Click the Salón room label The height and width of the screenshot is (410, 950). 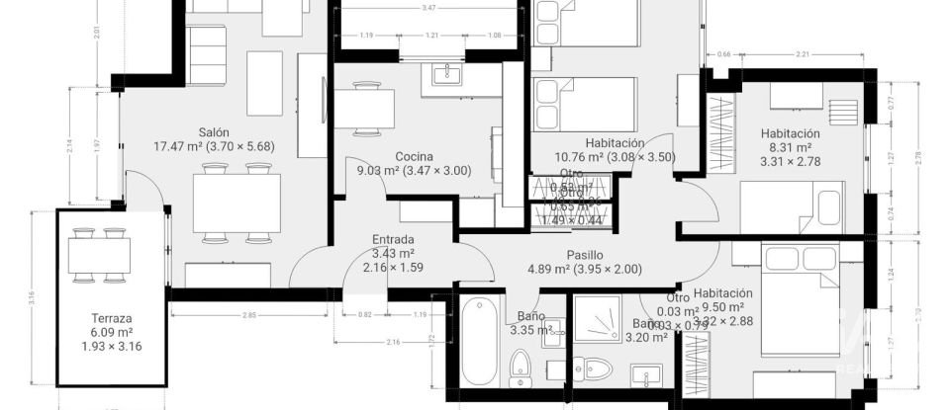pos(214,132)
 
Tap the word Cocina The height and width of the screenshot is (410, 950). pos(413,157)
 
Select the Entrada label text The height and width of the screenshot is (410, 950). pos(393,239)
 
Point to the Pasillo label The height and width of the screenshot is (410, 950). pos(584,255)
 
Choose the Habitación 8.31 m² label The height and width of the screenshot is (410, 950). pos(790,133)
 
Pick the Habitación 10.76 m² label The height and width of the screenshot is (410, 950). pos(615,143)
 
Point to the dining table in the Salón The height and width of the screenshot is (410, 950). pos(237,204)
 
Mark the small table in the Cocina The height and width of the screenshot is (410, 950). pos(364,109)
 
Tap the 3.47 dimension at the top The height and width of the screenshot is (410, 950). pos(427,8)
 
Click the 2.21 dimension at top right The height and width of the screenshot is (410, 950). pos(774,54)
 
